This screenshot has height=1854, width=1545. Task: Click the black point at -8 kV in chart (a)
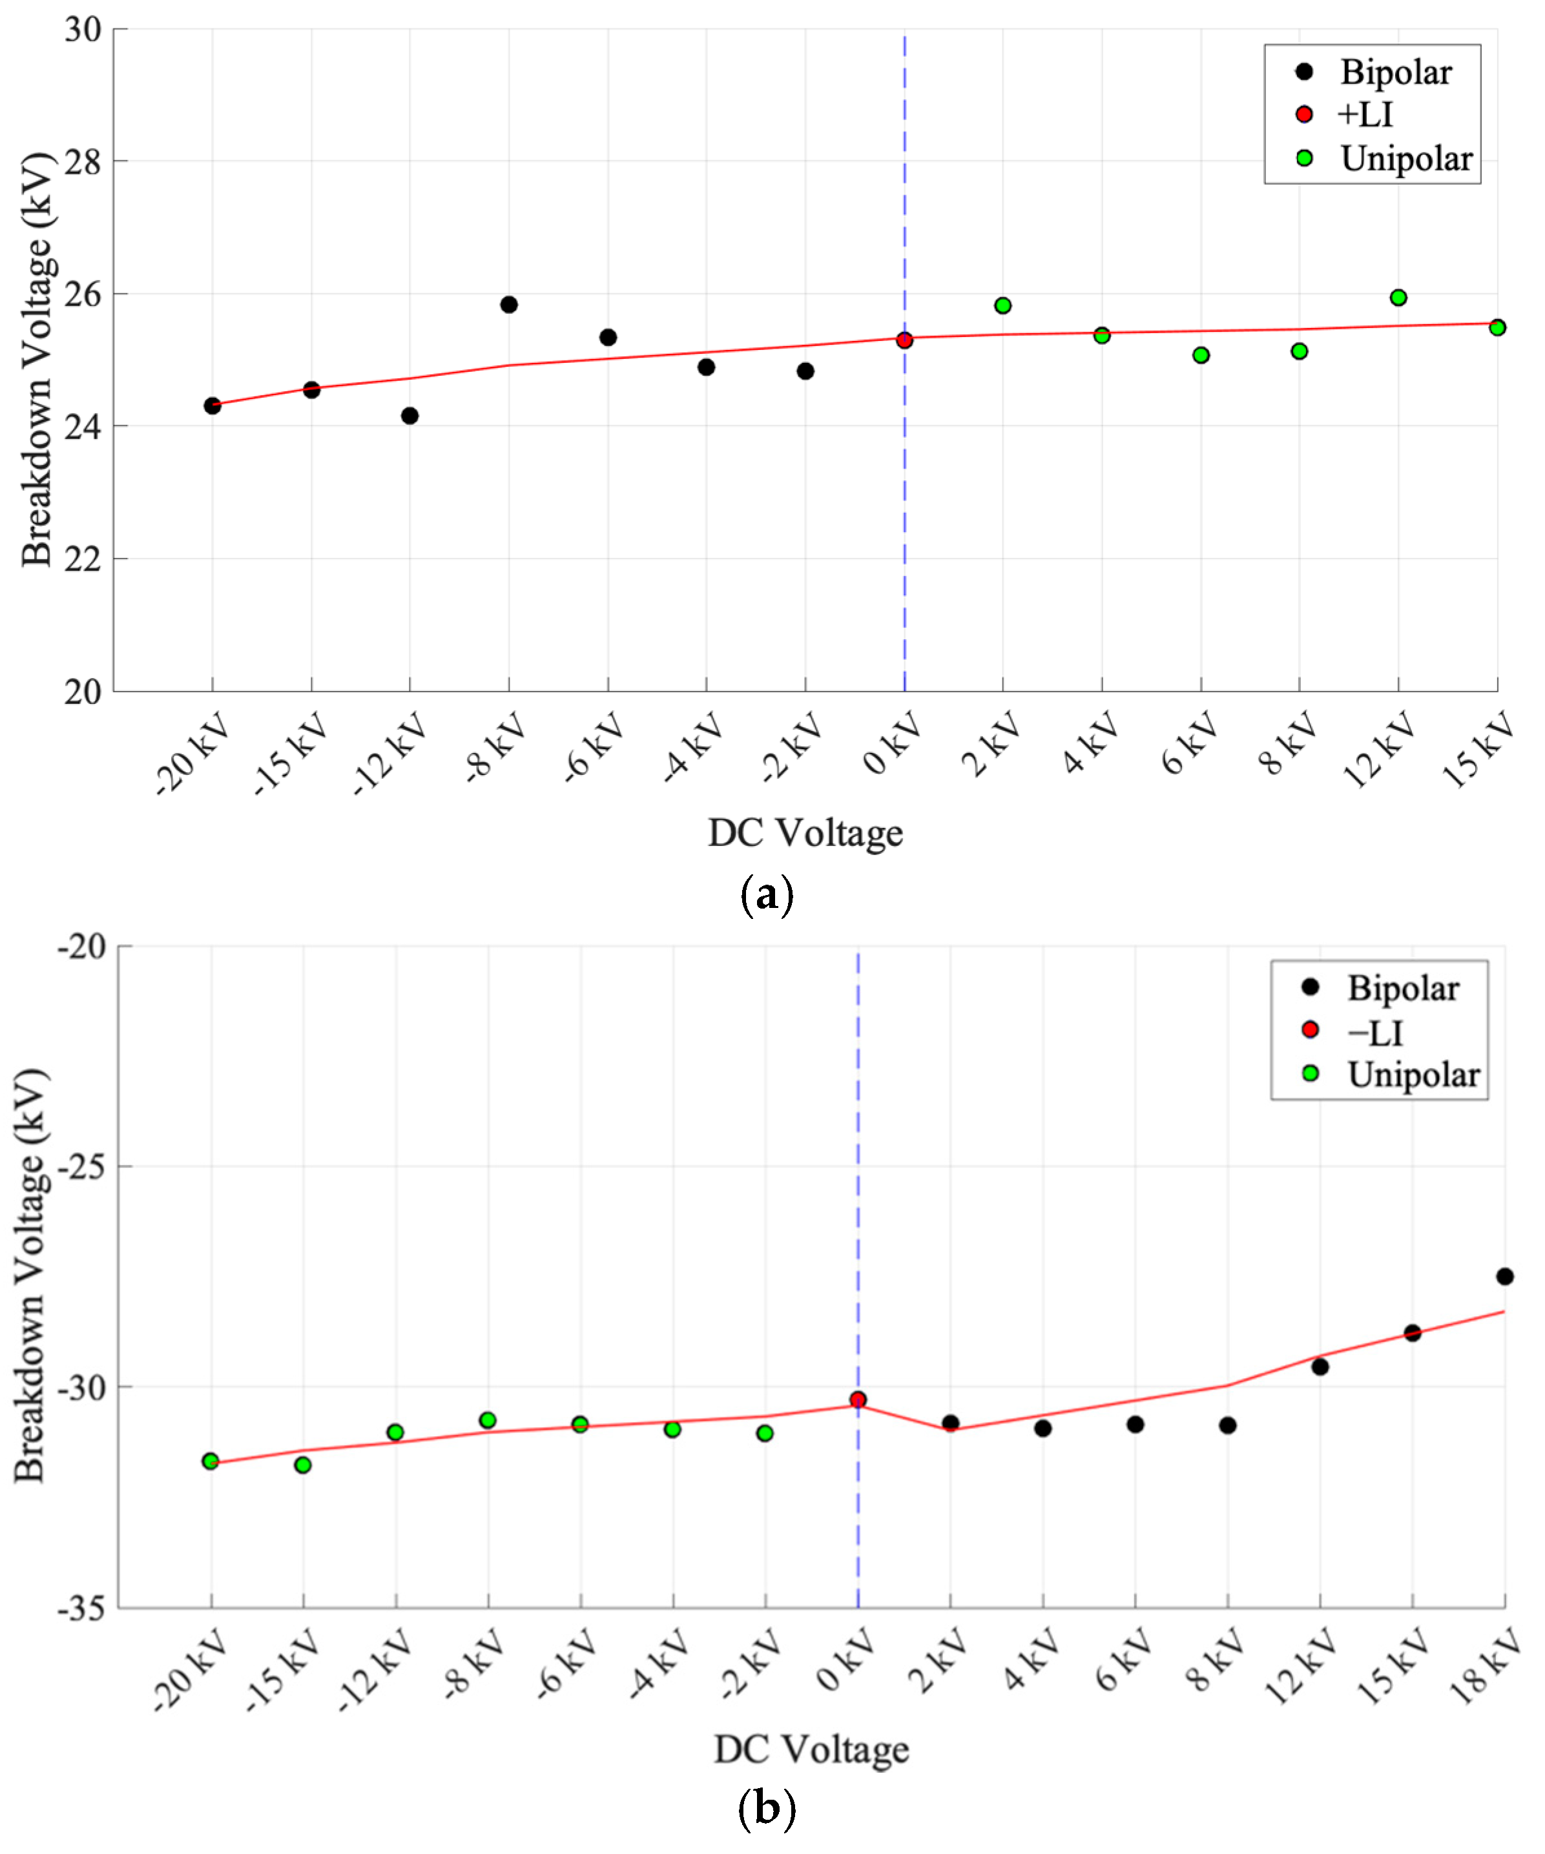coord(508,305)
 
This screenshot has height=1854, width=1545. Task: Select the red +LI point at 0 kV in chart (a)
coord(904,340)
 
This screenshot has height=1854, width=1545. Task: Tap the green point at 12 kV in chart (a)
coord(1398,298)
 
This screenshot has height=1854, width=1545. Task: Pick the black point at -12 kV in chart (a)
coord(410,416)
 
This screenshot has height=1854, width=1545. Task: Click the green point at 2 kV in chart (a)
coord(1003,305)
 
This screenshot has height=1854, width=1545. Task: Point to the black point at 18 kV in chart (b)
coord(1505,1277)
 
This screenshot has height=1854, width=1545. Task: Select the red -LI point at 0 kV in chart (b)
coord(858,1399)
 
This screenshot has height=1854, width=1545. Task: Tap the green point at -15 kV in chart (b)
coord(303,1465)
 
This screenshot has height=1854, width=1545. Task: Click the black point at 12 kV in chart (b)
coord(1320,1366)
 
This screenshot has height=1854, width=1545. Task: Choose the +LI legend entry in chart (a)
coord(1364,115)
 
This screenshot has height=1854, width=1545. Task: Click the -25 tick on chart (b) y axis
coord(81,1166)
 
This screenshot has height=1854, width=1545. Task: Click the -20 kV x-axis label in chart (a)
coord(192,755)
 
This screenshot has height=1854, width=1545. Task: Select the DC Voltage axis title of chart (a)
coord(805,832)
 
